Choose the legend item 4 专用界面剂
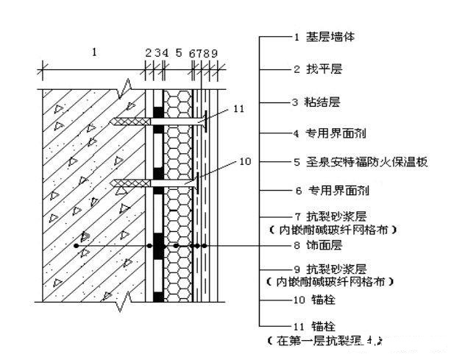click(335, 133)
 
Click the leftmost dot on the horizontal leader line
click(77, 245)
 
